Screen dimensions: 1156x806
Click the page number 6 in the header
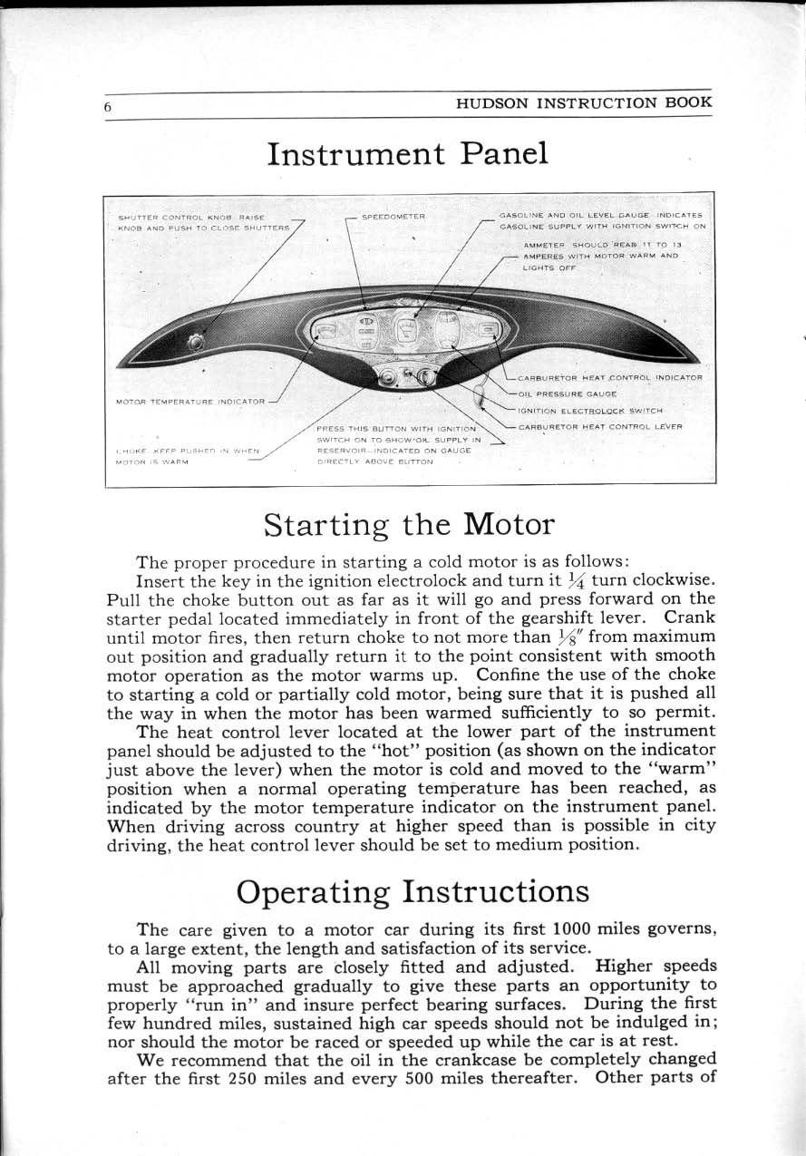(x=107, y=106)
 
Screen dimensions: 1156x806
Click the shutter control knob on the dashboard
(x=194, y=341)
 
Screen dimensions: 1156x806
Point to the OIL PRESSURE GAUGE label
(x=568, y=394)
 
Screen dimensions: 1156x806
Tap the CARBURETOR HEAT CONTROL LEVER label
(x=600, y=426)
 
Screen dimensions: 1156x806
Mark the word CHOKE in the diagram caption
(x=127, y=451)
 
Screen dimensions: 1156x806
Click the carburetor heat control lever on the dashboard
(x=481, y=396)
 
